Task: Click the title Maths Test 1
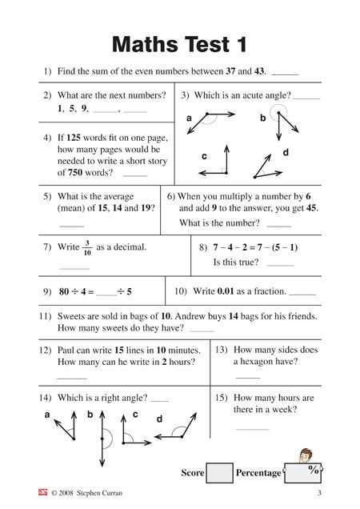[179, 42]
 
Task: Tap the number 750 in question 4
[67, 172]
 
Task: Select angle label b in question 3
[262, 118]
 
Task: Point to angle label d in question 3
[286, 152]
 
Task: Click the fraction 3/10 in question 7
[86, 247]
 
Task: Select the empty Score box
[219, 472]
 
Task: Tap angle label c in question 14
[135, 414]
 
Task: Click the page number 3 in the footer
[318, 494]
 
